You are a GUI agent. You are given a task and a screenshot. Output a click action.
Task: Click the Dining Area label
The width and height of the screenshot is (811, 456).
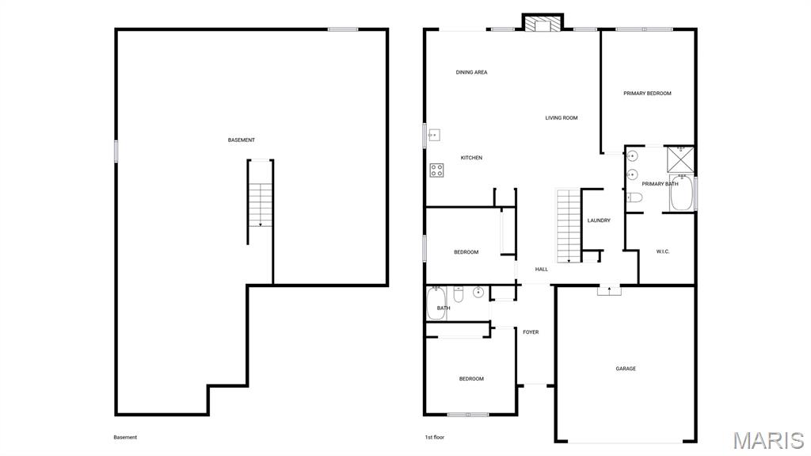point(471,72)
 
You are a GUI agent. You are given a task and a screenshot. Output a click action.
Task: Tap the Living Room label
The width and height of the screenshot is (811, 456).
point(562,118)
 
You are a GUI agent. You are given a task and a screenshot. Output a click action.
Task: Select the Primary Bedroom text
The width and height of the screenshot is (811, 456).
point(647,94)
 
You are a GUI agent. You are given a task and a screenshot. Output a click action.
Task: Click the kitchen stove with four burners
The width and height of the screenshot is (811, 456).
point(436,170)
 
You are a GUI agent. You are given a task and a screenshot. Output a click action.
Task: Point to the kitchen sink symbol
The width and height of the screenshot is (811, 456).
point(434,136)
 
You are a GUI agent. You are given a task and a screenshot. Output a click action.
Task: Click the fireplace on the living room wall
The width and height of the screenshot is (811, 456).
point(542,24)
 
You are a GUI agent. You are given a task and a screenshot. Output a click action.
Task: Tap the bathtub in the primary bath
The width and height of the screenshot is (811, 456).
point(681,194)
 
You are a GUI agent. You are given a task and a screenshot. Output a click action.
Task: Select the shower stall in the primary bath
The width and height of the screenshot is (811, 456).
point(680,159)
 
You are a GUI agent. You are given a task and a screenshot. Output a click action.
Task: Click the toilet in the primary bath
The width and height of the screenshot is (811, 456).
point(634,197)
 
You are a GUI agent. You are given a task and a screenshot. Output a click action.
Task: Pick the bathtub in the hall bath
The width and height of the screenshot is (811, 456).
point(436,303)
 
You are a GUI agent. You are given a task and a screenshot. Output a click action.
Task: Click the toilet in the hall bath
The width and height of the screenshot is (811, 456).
point(459,293)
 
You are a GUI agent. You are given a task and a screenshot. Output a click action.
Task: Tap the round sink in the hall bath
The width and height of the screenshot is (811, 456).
point(478,293)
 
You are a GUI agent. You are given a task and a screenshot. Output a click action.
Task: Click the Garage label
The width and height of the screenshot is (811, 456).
point(626,369)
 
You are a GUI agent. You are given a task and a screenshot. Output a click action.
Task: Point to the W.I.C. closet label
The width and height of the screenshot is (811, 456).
point(663,252)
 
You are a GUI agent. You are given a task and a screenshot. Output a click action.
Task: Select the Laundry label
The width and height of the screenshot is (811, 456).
point(599,220)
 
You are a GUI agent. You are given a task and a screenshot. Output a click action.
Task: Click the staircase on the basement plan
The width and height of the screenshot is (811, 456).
point(260,205)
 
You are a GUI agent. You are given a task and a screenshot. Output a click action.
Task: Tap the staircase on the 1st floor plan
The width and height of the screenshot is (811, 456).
point(569,226)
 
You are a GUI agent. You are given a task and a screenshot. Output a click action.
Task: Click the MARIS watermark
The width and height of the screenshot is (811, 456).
point(768,440)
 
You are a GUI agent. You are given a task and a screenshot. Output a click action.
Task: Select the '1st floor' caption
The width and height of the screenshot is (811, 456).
point(435,437)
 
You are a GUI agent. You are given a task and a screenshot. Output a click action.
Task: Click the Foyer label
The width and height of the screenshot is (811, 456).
point(531,332)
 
